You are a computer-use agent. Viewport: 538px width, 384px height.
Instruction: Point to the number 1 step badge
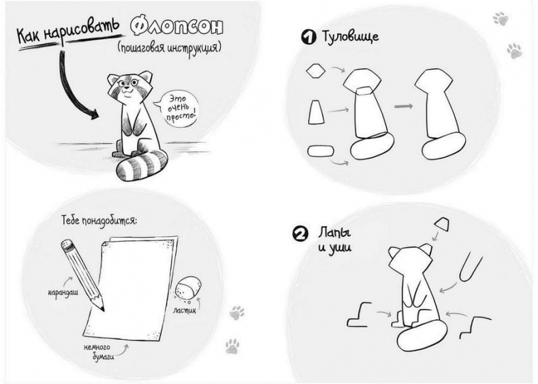pos(308,37)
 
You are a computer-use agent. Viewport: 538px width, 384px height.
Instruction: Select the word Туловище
pos(350,36)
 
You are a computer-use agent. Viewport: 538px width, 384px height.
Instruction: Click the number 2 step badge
pos(300,234)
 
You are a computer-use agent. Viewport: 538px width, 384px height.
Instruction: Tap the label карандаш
pos(63,293)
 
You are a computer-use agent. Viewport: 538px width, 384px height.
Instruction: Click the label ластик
pos(185,310)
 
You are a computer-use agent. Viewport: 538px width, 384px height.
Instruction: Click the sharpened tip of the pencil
pos(103,310)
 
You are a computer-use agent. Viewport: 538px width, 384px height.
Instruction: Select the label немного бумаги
pos(99,352)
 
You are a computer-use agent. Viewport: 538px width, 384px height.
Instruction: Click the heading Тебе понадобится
pos(99,220)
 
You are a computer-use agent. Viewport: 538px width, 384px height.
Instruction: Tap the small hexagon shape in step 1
pos(316,71)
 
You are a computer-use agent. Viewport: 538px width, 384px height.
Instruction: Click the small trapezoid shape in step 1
pos(316,112)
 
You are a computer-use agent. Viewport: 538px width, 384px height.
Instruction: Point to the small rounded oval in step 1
pos(321,151)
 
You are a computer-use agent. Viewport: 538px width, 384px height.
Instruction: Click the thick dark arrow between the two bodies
pos(403,107)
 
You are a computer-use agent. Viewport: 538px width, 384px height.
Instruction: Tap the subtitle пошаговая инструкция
pos(169,48)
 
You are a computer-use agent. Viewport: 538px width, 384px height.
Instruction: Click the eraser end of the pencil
pos(67,245)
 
